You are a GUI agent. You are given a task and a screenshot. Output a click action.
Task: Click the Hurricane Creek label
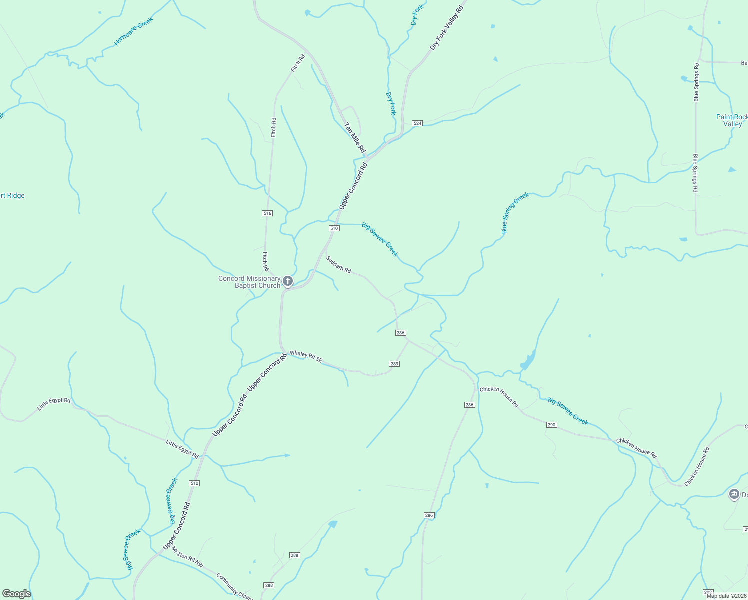click(x=133, y=31)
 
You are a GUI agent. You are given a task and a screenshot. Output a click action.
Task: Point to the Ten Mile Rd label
click(x=355, y=138)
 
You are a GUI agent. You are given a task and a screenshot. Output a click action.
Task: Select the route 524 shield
click(x=417, y=123)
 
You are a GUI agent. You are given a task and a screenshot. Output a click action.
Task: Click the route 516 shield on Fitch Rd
click(x=267, y=213)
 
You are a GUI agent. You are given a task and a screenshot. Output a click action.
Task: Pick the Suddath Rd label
click(x=338, y=265)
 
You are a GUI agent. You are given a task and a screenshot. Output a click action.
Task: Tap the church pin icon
click(x=288, y=281)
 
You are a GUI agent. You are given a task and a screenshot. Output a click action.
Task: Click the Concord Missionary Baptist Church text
click(x=249, y=282)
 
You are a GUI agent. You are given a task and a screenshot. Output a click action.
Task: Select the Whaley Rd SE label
click(x=306, y=356)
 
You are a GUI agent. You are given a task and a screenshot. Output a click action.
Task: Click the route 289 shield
click(x=394, y=364)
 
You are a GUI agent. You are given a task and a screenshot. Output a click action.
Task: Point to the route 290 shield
click(x=551, y=425)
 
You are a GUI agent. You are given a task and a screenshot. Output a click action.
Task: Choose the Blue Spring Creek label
click(x=515, y=213)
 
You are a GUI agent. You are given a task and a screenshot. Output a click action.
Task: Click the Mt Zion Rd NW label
click(x=188, y=557)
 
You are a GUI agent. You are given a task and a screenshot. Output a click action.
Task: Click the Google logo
click(x=17, y=594)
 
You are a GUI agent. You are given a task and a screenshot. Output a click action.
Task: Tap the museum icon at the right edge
click(x=734, y=495)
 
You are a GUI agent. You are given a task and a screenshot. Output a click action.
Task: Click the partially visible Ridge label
click(x=12, y=196)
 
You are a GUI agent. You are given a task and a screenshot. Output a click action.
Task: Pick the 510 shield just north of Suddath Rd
click(x=334, y=228)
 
